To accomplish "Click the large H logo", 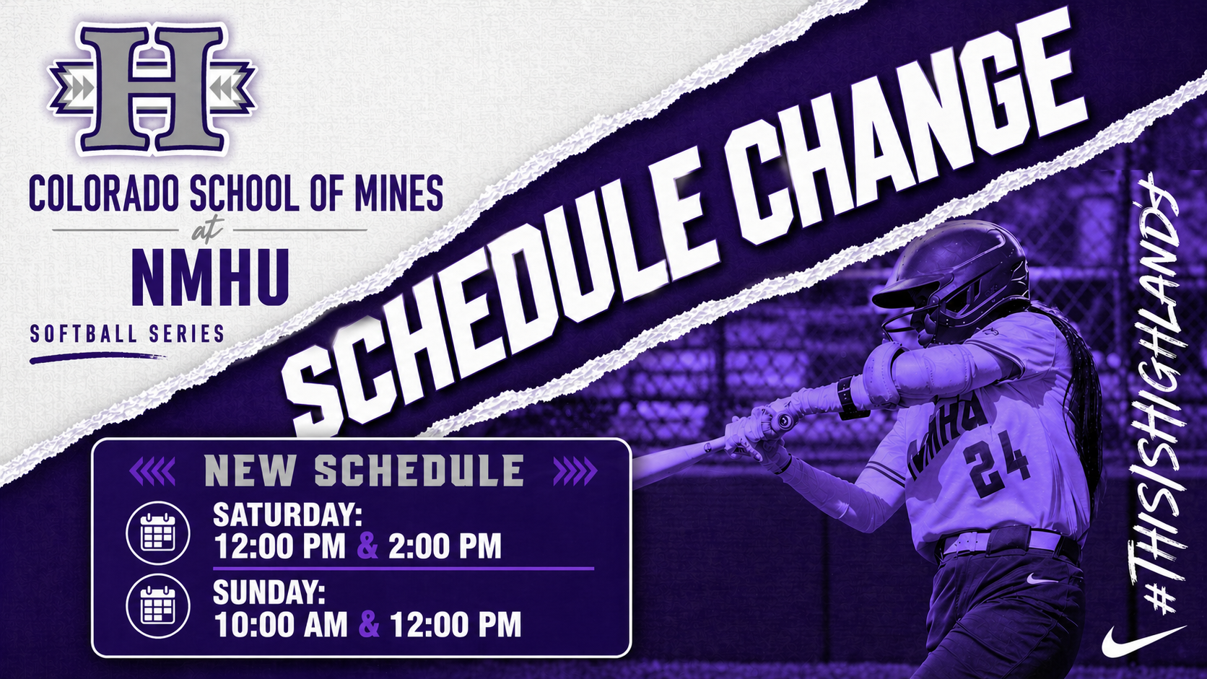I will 152,88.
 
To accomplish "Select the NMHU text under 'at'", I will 210,278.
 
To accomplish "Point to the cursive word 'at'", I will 207,230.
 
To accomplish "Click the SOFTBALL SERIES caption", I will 127,334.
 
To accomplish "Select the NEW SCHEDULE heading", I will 364,471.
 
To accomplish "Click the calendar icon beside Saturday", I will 158,533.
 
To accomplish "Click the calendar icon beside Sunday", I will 158,605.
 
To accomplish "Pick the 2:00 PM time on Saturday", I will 445,546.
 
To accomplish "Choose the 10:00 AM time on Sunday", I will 281,624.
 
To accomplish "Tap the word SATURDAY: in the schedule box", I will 287,515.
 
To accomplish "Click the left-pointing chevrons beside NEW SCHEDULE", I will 152,471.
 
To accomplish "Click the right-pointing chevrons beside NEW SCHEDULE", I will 575,471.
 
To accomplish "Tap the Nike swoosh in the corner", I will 1141,639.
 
